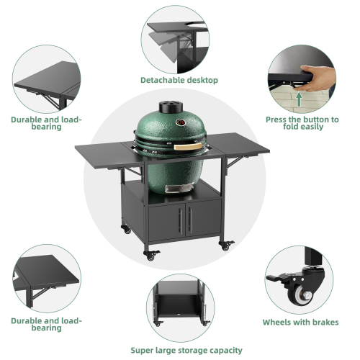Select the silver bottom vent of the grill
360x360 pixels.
tap(174, 189)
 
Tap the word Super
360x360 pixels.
tap(145, 350)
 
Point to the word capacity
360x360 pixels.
tap(222, 350)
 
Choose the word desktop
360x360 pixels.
tap(202, 81)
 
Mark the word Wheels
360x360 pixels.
tap(277, 323)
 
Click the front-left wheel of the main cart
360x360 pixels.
tap(150, 255)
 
